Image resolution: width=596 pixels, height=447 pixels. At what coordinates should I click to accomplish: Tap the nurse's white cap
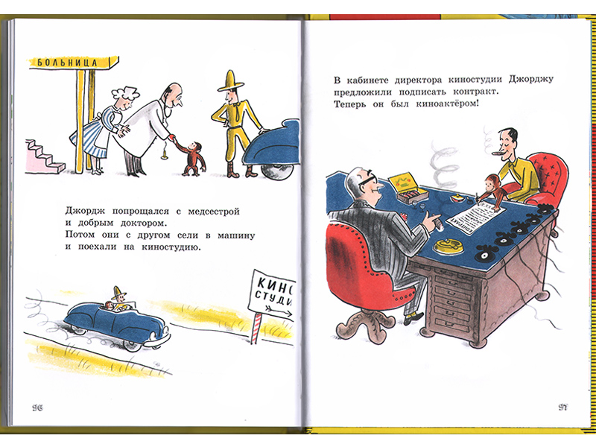coord(128,92)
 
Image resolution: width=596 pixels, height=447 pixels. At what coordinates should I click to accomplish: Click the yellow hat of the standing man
coord(231,81)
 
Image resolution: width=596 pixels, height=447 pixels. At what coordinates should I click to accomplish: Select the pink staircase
coord(45,156)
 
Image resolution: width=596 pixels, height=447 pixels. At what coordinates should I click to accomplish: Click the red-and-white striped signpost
coord(256,329)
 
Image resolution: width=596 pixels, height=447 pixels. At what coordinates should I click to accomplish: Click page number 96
coord(38,408)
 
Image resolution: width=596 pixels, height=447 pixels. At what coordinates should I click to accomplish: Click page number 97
coord(563,408)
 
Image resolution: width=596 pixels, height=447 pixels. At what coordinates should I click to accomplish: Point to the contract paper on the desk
coord(477,215)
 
